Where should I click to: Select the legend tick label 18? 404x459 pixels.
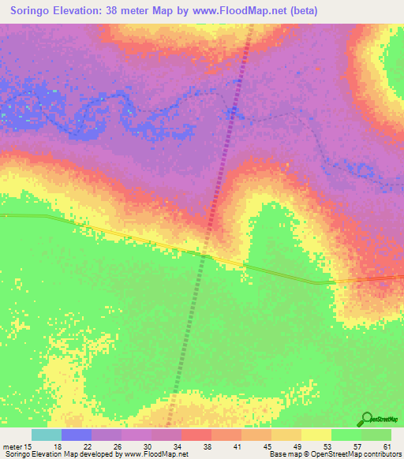(58, 446)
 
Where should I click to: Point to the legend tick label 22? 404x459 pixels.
(88, 446)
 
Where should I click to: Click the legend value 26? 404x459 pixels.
(118, 446)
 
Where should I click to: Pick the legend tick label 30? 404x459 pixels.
(148, 446)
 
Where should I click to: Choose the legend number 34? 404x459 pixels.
(178, 446)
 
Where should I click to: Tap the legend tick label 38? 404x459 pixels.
(208, 446)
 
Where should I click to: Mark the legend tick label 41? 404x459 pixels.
(238, 446)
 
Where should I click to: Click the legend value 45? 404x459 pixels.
(267, 446)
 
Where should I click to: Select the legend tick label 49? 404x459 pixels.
(297, 446)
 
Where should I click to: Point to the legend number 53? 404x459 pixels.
(327, 446)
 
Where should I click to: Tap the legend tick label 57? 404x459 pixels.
(357, 446)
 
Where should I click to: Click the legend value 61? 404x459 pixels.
(387, 446)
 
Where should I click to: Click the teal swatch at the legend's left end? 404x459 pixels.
(47, 435)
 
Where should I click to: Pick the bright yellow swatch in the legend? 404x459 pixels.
(316, 435)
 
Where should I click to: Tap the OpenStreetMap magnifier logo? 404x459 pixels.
(368, 420)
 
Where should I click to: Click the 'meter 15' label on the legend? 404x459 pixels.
(17, 446)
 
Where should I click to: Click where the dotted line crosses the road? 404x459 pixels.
(204, 254)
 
